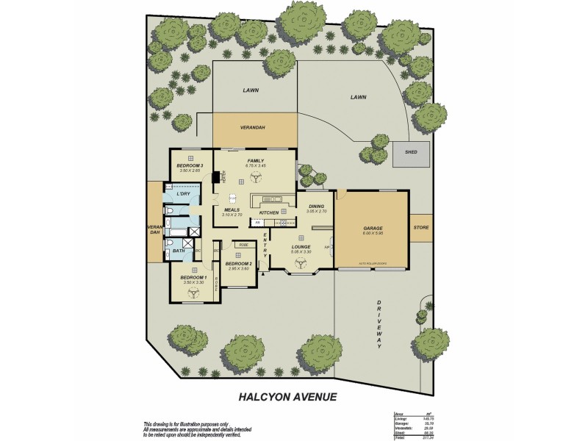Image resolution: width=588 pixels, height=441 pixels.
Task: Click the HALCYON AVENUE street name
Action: pyautogui.click(x=287, y=396)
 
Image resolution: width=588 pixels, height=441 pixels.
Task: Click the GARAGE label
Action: pyautogui.click(x=372, y=228)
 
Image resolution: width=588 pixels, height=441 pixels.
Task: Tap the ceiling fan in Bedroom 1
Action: pyautogui.click(x=193, y=290)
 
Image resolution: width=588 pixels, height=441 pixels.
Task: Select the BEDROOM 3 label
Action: pyautogui.click(x=190, y=165)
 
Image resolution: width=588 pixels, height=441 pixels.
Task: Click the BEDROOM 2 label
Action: pyautogui.click(x=239, y=263)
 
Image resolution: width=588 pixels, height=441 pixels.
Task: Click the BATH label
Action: pyautogui.click(x=179, y=251)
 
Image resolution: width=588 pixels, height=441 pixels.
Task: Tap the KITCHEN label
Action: pyautogui.click(x=268, y=212)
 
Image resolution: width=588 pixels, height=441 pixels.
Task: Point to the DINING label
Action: pyautogui.click(x=316, y=206)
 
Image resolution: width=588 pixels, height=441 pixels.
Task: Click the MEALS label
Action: pyautogui.click(x=232, y=209)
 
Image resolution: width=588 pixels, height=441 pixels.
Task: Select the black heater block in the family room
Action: pyautogui.click(x=217, y=177)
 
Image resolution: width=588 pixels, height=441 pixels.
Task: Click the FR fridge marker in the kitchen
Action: pyautogui.click(x=258, y=221)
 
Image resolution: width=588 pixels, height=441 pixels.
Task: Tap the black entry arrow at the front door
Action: pyautogui.click(x=262, y=273)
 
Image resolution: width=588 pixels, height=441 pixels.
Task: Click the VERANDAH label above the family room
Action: pyautogui.click(x=252, y=128)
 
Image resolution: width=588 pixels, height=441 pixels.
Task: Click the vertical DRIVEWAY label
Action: pyautogui.click(x=380, y=323)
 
